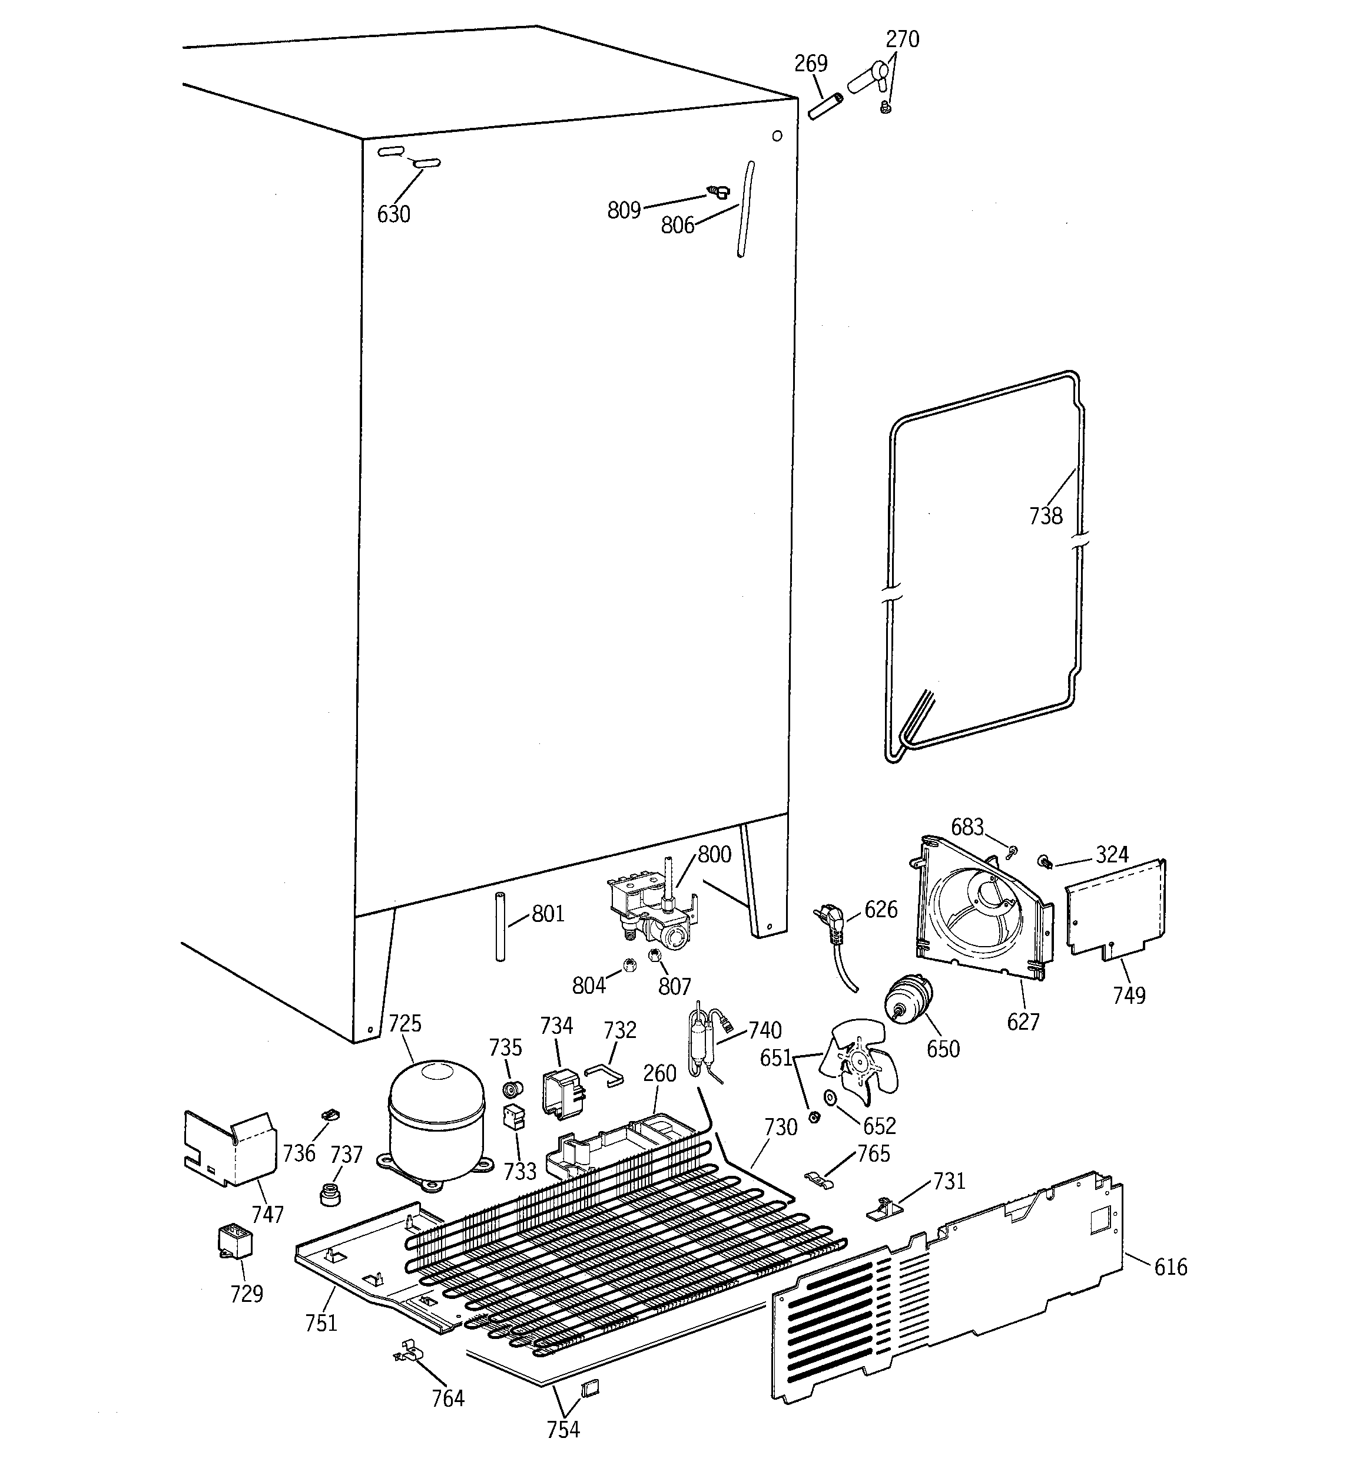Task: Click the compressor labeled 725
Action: (436, 1120)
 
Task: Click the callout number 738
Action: (1046, 516)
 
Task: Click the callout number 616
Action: (1171, 1267)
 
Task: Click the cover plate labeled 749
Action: (1115, 910)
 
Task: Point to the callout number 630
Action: (394, 215)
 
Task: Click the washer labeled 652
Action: (831, 1098)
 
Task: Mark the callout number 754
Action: (563, 1429)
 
